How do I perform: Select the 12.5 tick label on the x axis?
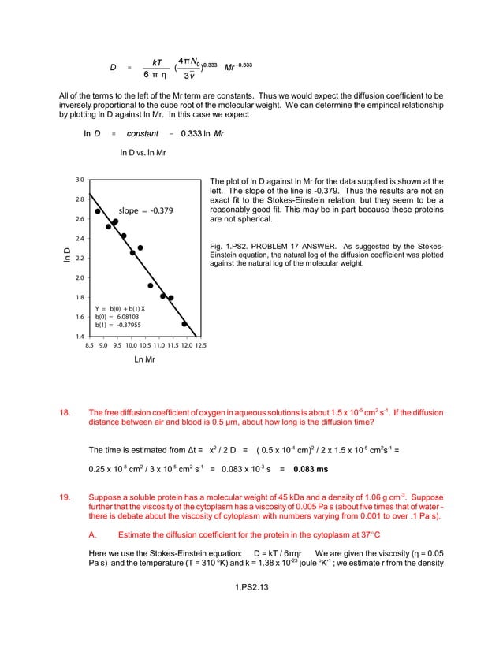200,345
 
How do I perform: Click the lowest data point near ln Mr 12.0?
184,324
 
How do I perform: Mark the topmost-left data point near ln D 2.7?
98,211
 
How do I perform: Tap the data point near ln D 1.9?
151,286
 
